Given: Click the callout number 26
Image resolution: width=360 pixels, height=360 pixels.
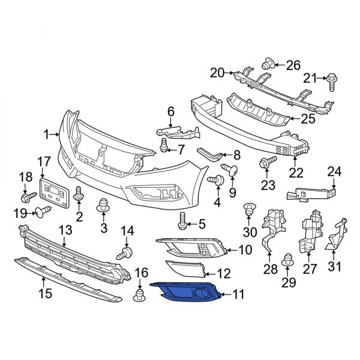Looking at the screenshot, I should click(x=292, y=64).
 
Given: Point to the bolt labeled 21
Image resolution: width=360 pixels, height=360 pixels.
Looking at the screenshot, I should click(x=332, y=78).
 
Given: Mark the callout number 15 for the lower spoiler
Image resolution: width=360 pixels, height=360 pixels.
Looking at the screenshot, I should click(x=45, y=293).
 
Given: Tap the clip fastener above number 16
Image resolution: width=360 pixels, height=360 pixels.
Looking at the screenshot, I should click(x=140, y=294).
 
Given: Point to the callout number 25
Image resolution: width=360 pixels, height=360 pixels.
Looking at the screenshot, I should click(x=307, y=119).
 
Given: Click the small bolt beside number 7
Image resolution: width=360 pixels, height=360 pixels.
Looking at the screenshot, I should click(x=164, y=145).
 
